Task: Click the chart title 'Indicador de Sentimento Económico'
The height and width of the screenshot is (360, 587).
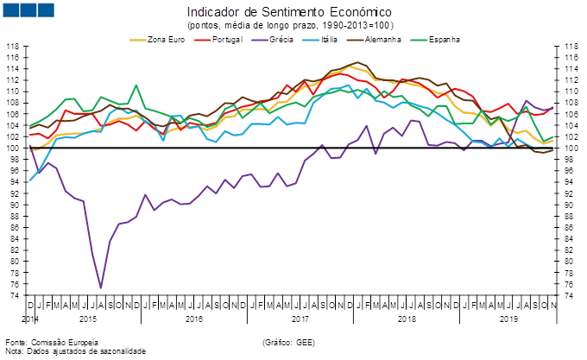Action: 288,12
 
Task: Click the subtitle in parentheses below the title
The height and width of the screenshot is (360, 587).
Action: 288,25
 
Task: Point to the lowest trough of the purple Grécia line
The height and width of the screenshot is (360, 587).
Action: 101,287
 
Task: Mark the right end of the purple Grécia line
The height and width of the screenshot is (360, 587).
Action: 552,107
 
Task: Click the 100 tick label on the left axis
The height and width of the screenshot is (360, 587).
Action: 14,148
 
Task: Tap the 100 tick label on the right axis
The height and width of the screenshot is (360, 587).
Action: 571,148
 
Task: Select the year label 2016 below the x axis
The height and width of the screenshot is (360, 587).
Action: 195,318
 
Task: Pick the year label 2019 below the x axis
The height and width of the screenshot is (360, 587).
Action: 509,318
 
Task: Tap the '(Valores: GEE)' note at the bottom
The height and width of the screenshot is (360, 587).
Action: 288,343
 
